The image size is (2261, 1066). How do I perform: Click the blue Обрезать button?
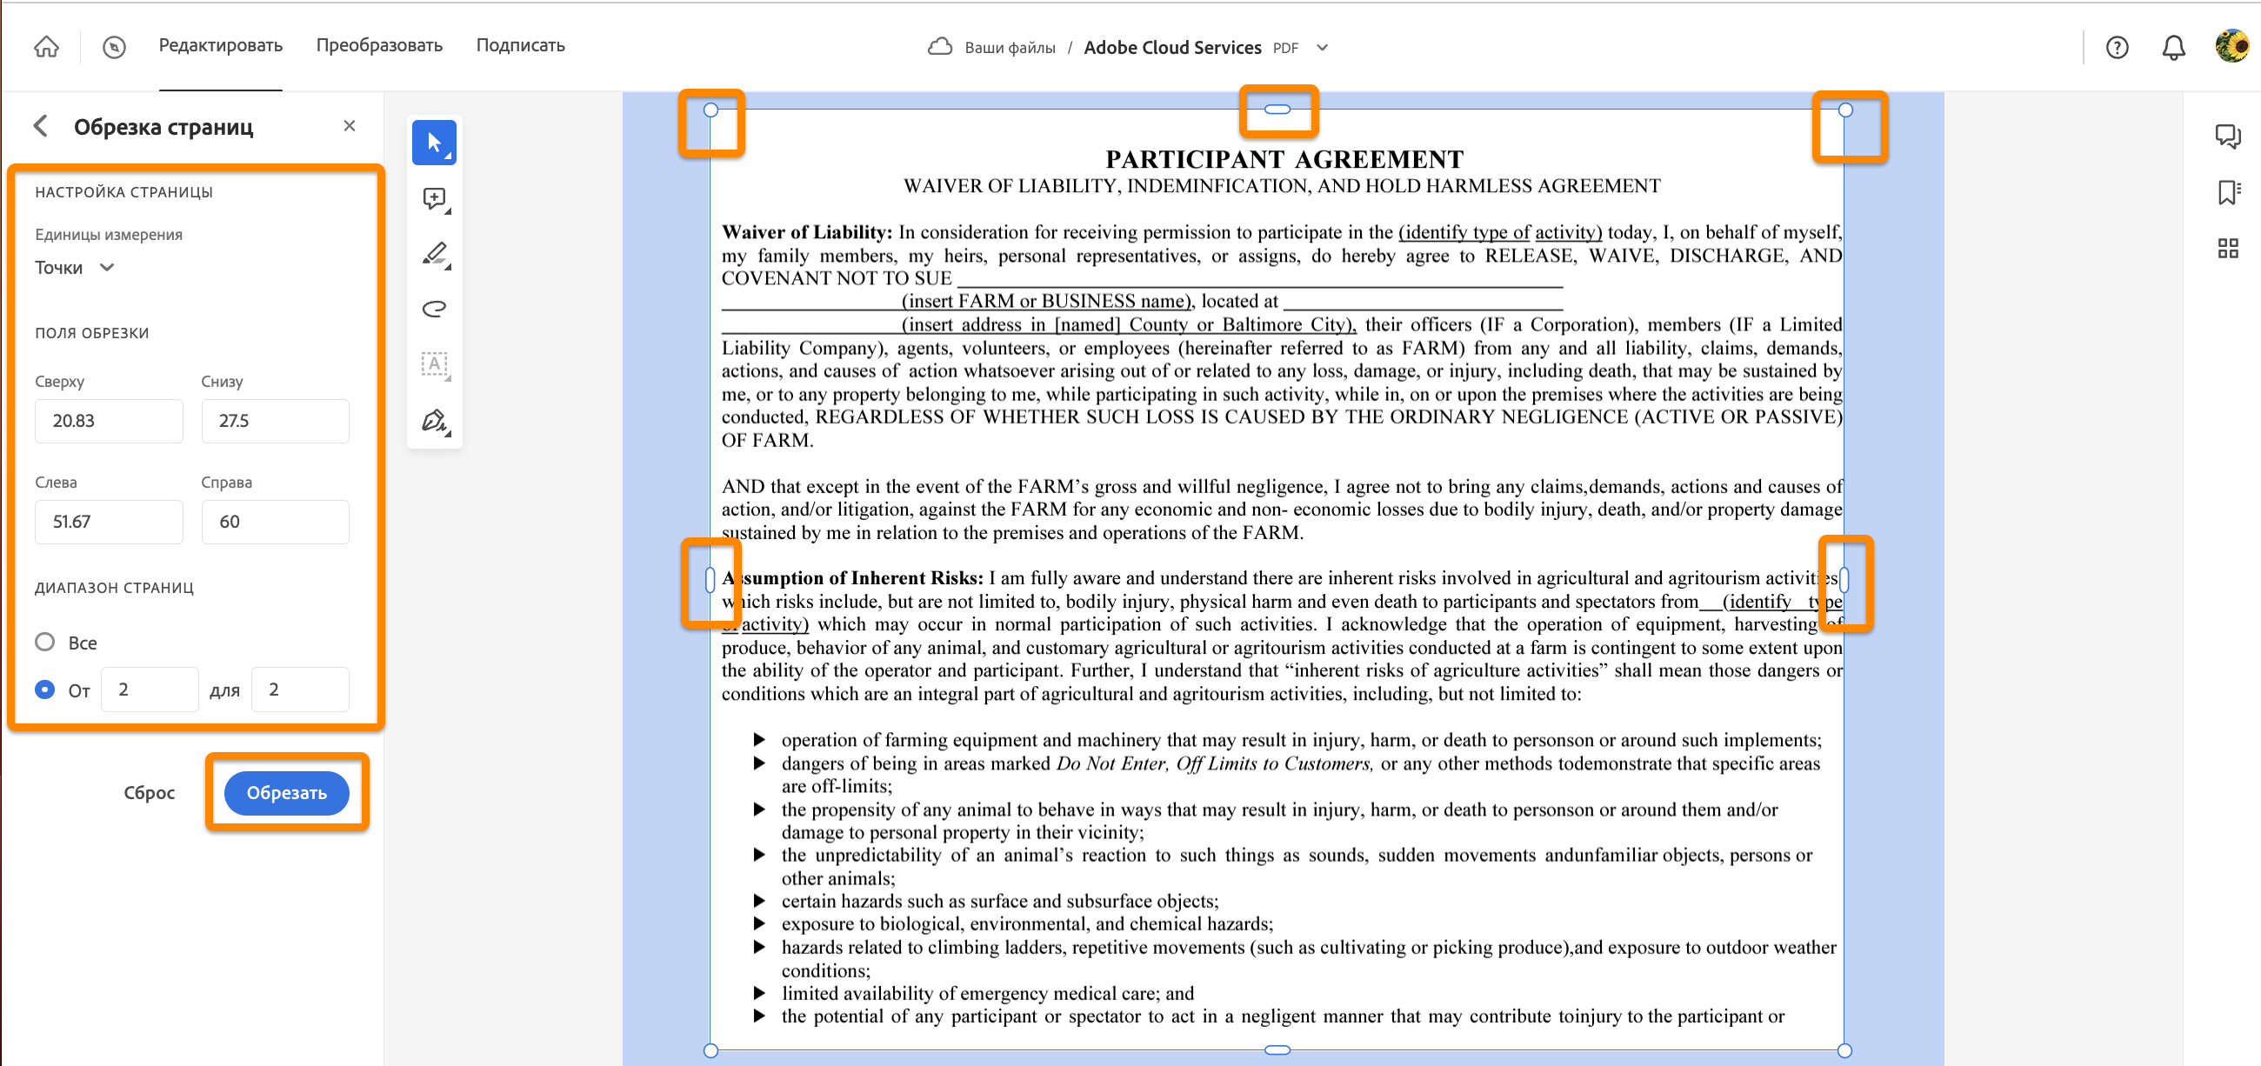click(x=286, y=792)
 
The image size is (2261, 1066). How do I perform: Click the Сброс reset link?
click(x=150, y=792)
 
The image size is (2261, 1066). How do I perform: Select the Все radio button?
click(x=44, y=642)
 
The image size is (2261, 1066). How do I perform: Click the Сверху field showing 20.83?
click(x=109, y=421)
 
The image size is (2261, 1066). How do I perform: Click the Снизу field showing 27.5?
click(x=275, y=421)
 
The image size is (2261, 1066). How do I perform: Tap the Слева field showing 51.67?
click(x=109, y=522)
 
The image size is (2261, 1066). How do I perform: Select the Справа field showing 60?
click(x=275, y=522)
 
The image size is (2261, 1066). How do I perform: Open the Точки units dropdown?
click(x=75, y=268)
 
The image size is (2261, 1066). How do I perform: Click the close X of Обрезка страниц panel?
click(x=350, y=125)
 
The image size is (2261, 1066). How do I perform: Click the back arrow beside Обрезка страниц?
click(x=41, y=125)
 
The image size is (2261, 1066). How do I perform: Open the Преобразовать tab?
click(x=379, y=45)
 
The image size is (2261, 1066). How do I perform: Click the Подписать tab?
click(x=521, y=45)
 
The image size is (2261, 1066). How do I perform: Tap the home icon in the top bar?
click(x=46, y=46)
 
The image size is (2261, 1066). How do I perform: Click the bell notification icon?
click(x=2173, y=47)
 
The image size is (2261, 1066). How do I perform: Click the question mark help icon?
click(x=2117, y=47)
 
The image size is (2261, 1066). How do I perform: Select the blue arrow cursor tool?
click(x=435, y=142)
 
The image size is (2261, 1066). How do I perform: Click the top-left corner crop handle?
click(x=711, y=110)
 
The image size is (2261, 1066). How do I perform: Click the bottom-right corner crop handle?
click(x=1845, y=1050)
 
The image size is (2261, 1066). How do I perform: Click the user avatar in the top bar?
click(x=2231, y=45)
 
